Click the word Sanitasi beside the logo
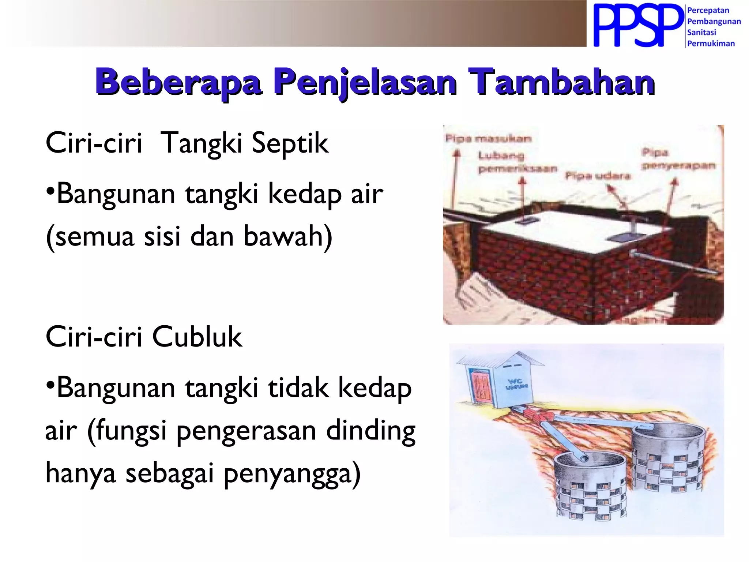tap(701, 33)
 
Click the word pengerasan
tap(246, 431)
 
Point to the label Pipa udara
tap(598, 176)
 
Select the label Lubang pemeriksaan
tap(516, 162)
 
